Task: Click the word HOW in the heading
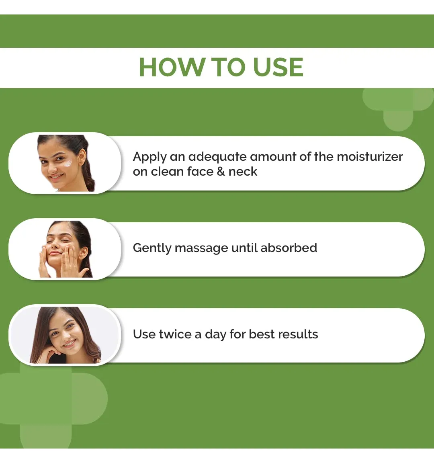coord(172,68)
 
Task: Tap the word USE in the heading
coord(278,68)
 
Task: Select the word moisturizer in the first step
coord(370,156)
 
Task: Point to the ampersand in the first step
coord(221,172)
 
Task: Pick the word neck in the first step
coord(243,171)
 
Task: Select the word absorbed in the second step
coord(289,248)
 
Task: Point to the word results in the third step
coord(298,334)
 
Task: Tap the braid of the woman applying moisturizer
coord(89,174)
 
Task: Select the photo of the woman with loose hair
coord(65,335)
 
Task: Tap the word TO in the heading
coord(229,68)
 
